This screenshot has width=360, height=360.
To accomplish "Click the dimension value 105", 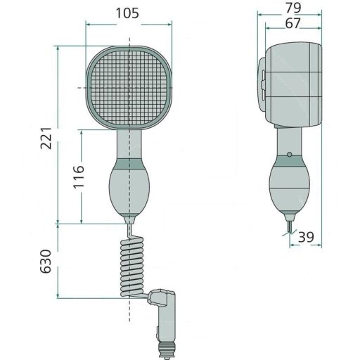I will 129,12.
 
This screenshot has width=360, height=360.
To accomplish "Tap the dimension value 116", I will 78,176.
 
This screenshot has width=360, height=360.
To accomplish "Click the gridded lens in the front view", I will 129,86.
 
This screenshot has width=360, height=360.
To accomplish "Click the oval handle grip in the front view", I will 129,190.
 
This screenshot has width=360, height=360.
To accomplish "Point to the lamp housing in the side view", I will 292,84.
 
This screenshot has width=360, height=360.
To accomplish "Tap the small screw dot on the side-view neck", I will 289,154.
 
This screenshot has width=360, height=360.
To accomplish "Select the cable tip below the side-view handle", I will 289,226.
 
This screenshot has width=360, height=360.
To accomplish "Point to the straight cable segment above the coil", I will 129,231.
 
